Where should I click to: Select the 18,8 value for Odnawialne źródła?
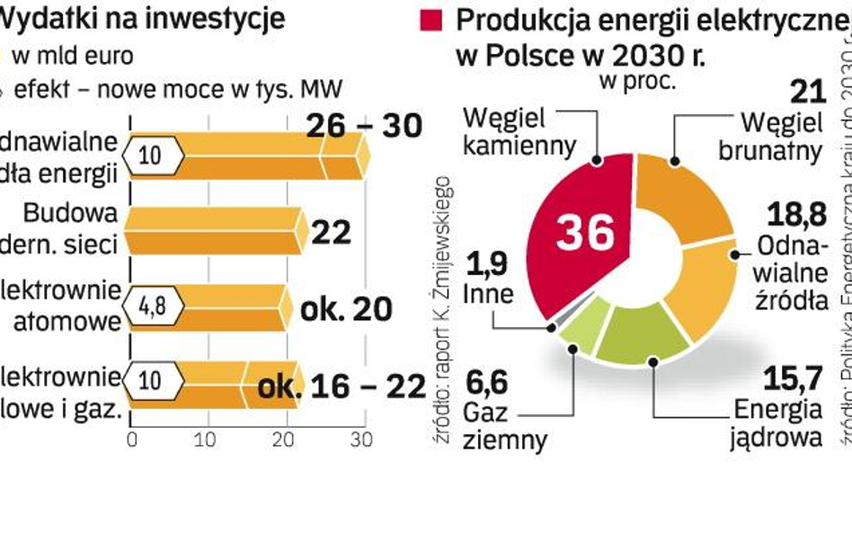[796, 215]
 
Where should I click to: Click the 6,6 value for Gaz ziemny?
[486, 382]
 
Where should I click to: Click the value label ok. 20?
[346, 308]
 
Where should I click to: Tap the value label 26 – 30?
[363, 127]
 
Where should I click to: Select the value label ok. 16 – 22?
[341, 386]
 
